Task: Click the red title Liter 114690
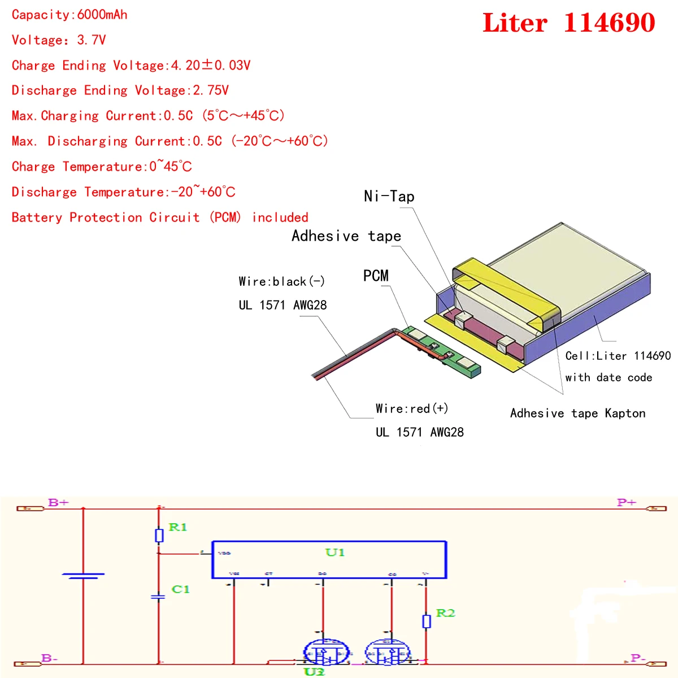click(568, 23)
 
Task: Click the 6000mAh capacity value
click(102, 15)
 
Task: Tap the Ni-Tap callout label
click(389, 197)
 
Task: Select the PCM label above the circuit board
click(376, 276)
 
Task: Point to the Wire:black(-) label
click(281, 281)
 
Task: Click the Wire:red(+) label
click(412, 408)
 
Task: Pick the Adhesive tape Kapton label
click(577, 413)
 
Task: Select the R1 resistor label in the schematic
click(178, 527)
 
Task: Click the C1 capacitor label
click(181, 589)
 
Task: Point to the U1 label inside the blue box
click(335, 552)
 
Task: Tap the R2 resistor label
click(445, 613)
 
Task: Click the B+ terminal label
click(58, 502)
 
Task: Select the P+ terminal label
click(627, 502)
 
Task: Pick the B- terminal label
click(50, 658)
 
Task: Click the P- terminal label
click(638, 658)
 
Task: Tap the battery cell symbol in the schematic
click(83, 576)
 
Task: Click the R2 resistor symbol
click(427, 621)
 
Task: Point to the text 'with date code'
click(609, 377)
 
